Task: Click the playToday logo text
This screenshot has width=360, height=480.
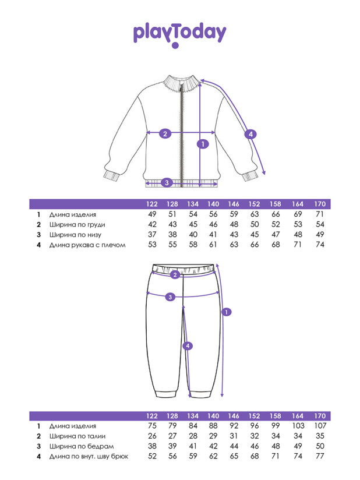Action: (179, 33)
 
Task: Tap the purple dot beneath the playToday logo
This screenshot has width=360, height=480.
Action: (175, 45)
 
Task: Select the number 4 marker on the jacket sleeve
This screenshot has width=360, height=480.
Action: (250, 134)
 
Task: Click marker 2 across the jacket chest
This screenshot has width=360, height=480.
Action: (165, 134)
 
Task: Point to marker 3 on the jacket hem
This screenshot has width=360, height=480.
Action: (167, 183)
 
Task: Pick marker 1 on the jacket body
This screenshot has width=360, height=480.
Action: (203, 144)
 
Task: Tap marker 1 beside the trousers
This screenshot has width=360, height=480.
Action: (226, 312)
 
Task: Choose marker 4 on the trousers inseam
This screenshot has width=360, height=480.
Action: (188, 346)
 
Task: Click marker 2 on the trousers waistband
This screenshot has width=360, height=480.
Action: (175, 274)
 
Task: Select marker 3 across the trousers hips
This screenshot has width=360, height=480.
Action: (170, 297)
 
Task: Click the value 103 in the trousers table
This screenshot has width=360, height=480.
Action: (298, 426)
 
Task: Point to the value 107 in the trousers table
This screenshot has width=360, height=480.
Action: (320, 426)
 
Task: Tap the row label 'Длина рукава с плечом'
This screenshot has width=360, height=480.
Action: (87, 245)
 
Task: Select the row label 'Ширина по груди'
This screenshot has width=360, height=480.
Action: (77, 225)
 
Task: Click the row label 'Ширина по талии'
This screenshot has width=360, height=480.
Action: (77, 436)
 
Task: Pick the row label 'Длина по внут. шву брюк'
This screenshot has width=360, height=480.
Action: (89, 457)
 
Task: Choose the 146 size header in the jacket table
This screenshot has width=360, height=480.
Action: (234, 204)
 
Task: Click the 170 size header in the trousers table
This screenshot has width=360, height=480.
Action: (320, 416)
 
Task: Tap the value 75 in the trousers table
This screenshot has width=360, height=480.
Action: (152, 426)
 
